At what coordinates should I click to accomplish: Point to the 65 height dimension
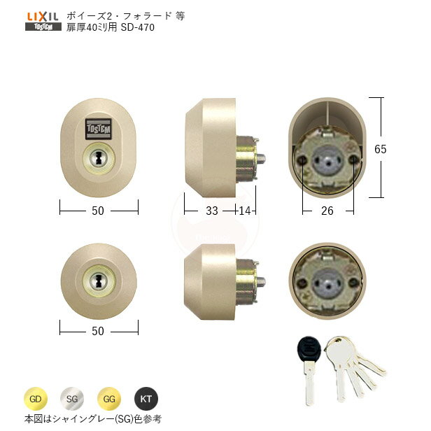(x=396, y=148)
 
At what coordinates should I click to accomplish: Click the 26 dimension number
(x=327, y=211)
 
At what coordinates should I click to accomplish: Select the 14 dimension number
(x=246, y=210)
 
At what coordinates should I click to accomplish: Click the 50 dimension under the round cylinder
(x=98, y=330)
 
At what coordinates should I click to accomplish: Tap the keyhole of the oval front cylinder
(x=98, y=157)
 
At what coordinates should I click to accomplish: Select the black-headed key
(x=309, y=350)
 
